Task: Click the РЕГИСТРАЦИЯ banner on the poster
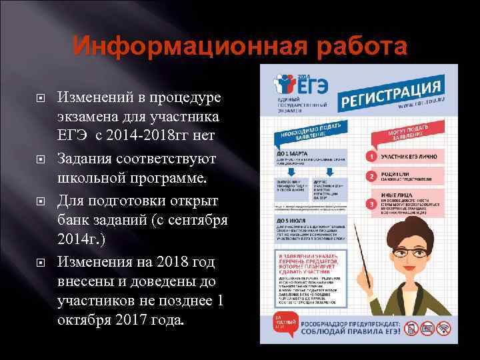pyautogui.click(x=390, y=94)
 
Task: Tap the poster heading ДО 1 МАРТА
pyautogui.click(x=289, y=154)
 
